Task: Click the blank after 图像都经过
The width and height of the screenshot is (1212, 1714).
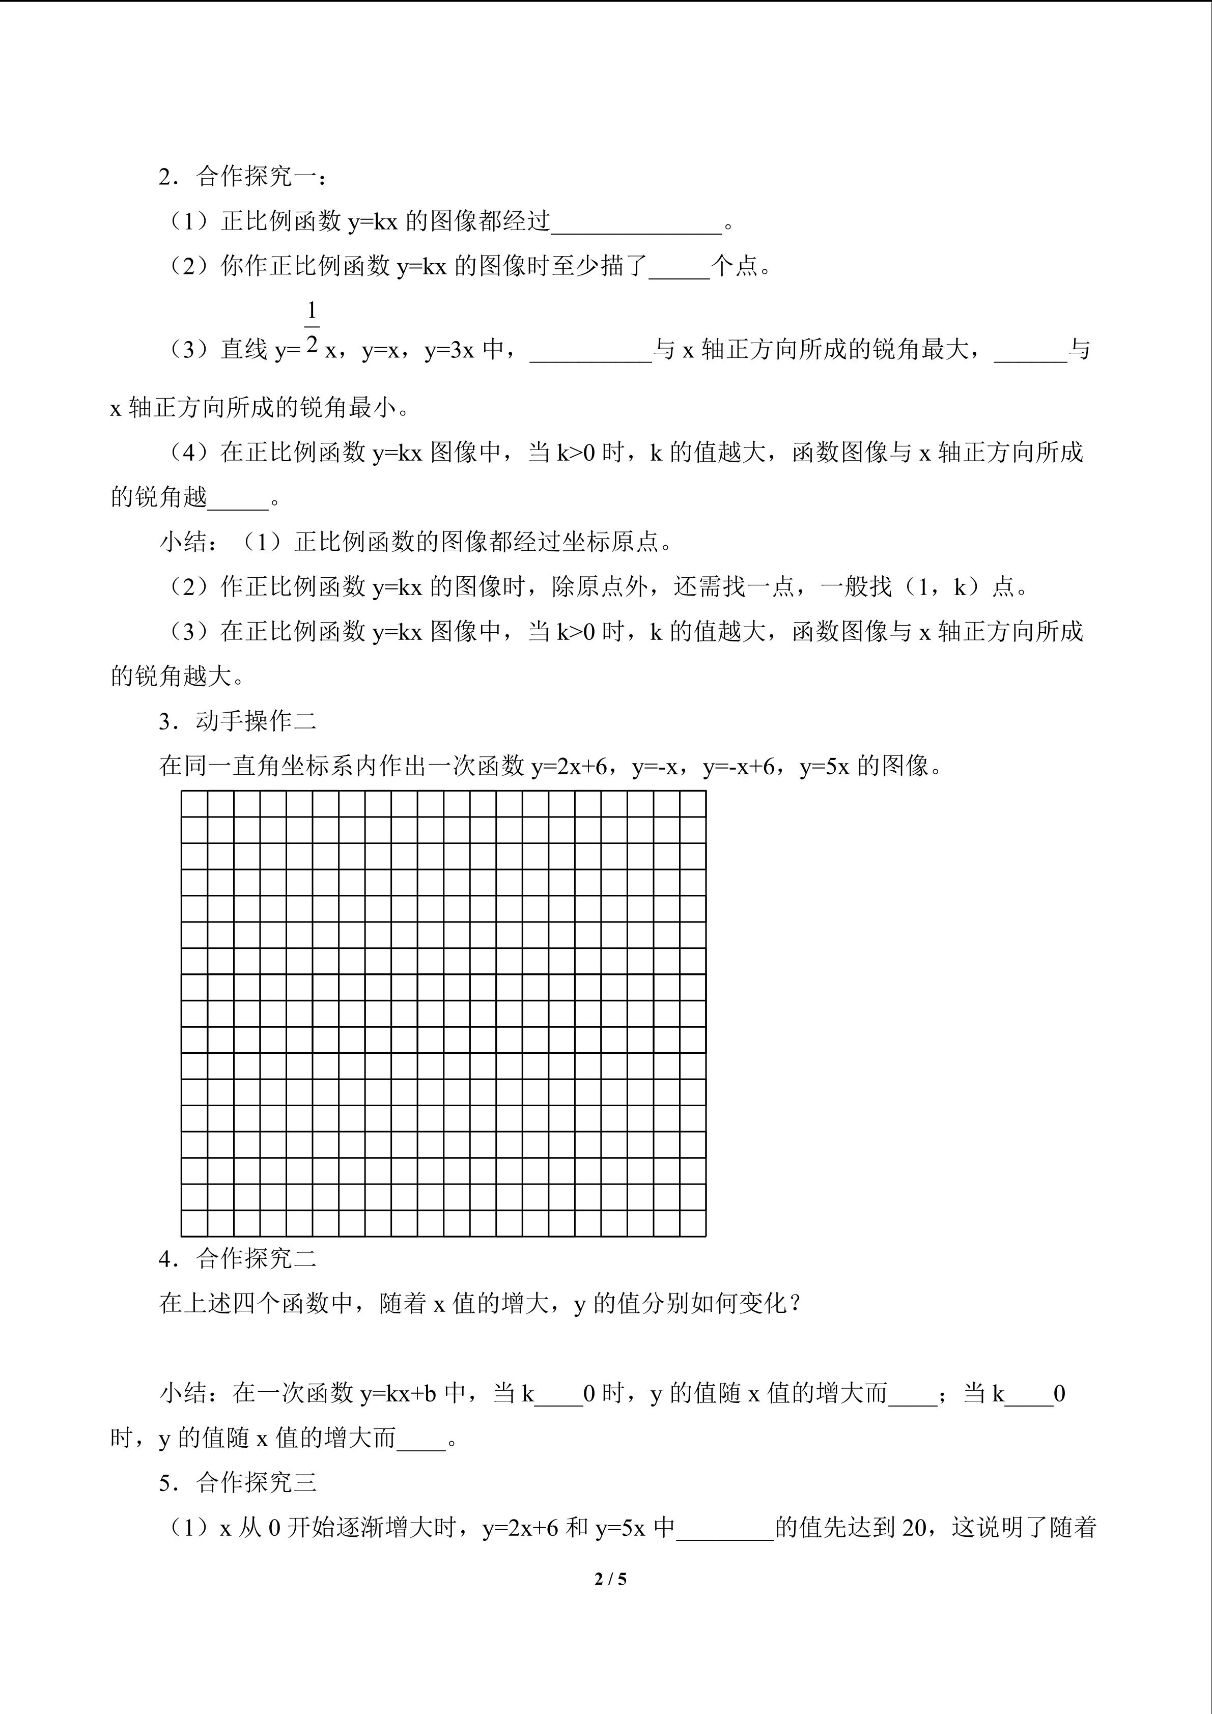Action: [x=636, y=222]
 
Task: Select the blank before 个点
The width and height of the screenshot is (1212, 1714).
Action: [x=679, y=267]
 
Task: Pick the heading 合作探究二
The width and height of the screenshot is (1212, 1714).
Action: [x=256, y=1258]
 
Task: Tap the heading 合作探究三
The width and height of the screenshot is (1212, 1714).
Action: [x=256, y=1482]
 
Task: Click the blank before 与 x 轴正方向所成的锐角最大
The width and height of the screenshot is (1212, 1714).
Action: [x=590, y=351]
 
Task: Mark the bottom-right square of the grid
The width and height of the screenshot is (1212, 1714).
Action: [x=693, y=1223]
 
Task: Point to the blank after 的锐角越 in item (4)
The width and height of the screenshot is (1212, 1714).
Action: [x=237, y=498]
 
